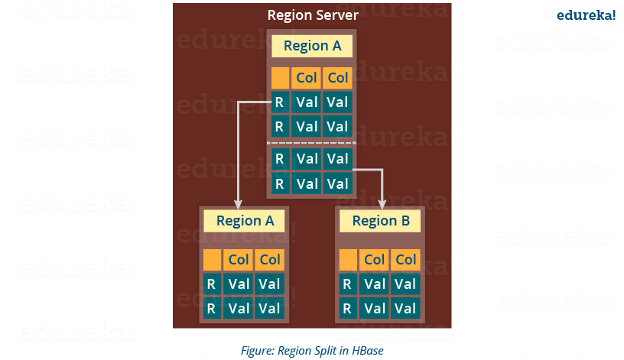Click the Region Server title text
(312, 15)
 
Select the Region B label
(380, 221)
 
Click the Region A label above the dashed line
(312, 46)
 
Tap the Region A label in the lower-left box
(245, 221)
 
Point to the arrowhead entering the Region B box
(382, 203)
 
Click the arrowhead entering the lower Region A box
(239, 203)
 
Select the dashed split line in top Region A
(311, 143)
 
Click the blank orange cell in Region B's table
(347, 260)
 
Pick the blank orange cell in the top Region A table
(280, 77)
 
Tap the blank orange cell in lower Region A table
(212, 260)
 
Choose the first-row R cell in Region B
(347, 284)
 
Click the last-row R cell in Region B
(347, 308)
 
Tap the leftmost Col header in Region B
(375, 260)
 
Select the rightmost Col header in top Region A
(338, 77)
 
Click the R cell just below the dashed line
(280, 159)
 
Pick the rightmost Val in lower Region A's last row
(269, 308)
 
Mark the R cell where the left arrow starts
(280, 102)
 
